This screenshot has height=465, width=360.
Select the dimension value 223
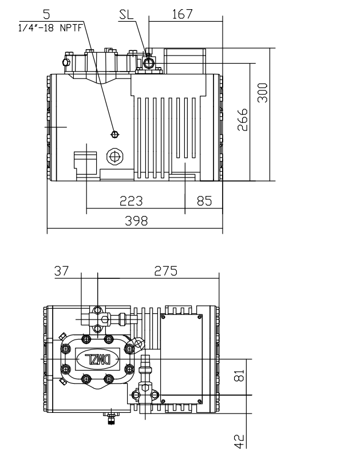click(132, 201)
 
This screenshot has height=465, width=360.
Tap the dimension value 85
click(204, 201)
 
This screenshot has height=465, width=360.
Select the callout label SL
click(126, 15)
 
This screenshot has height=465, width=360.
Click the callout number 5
click(53, 12)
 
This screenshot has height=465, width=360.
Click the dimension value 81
click(240, 376)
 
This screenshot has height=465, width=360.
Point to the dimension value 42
click(240, 441)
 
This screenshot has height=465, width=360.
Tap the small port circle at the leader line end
click(114, 134)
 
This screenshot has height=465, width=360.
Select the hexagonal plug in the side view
click(115, 156)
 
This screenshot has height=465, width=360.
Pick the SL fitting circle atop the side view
click(149, 63)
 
